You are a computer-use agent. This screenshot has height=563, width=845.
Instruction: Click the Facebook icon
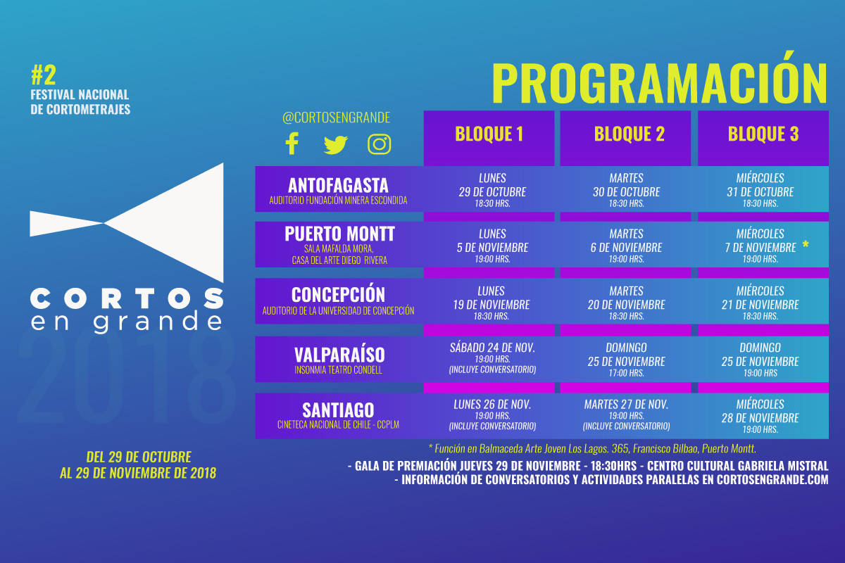292,144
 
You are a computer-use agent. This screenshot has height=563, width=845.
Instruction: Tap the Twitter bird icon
335,144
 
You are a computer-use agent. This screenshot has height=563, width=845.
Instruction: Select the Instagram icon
379,144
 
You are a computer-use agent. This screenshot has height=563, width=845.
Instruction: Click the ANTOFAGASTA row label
339,186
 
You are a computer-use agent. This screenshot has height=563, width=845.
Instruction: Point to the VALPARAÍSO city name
339,355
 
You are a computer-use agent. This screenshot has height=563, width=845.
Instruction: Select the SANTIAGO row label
338,410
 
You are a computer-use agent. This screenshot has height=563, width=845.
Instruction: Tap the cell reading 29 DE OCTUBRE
492,191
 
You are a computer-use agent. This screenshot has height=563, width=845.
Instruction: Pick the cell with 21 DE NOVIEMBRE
760,303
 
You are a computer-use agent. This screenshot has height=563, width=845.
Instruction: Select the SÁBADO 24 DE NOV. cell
492,358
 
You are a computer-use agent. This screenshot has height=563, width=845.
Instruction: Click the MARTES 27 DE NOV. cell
626,415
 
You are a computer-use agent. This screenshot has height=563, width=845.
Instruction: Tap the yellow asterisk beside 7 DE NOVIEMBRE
806,245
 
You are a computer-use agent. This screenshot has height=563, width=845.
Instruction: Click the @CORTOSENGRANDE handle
336,118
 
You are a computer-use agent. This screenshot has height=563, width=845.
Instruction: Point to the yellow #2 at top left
44,75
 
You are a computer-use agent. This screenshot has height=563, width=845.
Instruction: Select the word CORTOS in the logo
127,298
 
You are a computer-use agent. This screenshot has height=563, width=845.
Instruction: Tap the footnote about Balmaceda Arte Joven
592,448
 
